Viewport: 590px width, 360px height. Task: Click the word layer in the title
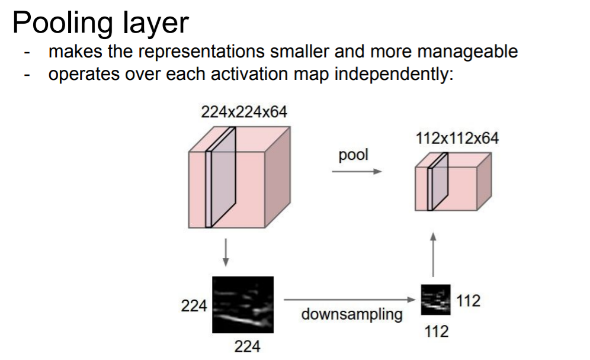point(154,24)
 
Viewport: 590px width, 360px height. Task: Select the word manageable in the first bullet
point(467,52)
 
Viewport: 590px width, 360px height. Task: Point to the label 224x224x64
point(244,112)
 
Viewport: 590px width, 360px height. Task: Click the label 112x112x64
point(457,139)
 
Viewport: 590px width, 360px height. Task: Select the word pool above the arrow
point(353,155)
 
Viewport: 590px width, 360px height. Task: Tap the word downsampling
point(351,314)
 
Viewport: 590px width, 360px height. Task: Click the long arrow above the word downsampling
point(349,300)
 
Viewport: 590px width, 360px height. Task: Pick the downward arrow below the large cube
point(225,253)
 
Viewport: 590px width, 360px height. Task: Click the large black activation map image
point(242,306)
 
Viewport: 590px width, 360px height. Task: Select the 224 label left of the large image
point(194,306)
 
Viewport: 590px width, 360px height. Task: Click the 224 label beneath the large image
point(247,346)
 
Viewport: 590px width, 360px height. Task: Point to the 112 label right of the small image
point(469,301)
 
